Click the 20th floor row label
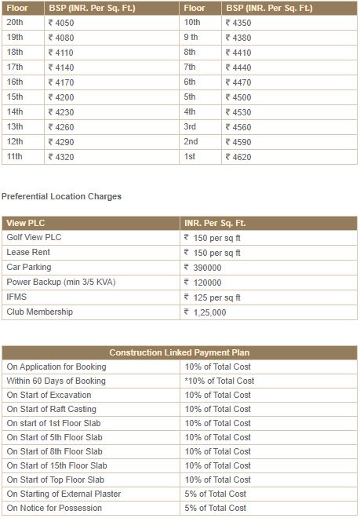point(16,23)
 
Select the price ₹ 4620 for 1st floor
point(238,156)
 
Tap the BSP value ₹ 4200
point(61,97)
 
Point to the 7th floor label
point(190,67)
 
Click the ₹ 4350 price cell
point(238,23)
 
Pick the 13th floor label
point(15,126)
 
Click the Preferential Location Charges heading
point(62,196)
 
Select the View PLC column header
point(27,224)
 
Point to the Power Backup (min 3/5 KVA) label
point(60,283)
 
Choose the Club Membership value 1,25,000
point(209,312)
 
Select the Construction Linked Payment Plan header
point(180,352)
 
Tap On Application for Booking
point(56,367)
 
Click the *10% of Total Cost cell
point(220,381)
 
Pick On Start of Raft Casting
point(51,409)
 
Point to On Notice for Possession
point(54,508)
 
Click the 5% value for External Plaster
point(216,494)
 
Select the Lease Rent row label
point(29,253)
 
